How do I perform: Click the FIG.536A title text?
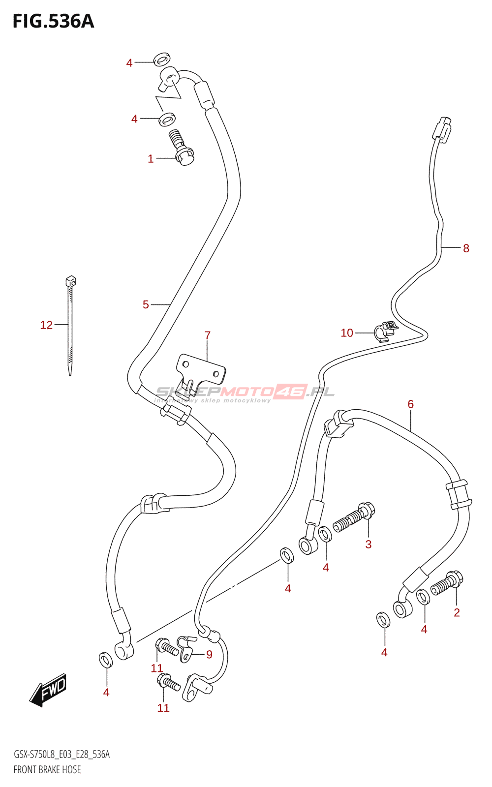click(x=53, y=22)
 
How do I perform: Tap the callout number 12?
click(x=46, y=325)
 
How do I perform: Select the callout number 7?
click(x=208, y=335)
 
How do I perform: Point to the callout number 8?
click(x=466, y=248)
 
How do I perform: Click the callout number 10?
click(x=347, y=333)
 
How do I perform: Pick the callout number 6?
click(x=410, y=404)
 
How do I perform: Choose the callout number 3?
click(x=369, y=545)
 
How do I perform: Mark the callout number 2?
click(x=457, y=612)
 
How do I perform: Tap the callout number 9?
click(x=209, y=655)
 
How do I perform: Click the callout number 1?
click(x=151, y=159)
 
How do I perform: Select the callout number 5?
click(x=146, y=305)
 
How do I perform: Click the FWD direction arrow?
click(x=48, y=690)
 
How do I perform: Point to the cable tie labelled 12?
click(x=70, y=325)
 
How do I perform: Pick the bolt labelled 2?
click(x=447, y=583)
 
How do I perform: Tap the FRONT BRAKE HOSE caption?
click(x=47, y=770)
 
